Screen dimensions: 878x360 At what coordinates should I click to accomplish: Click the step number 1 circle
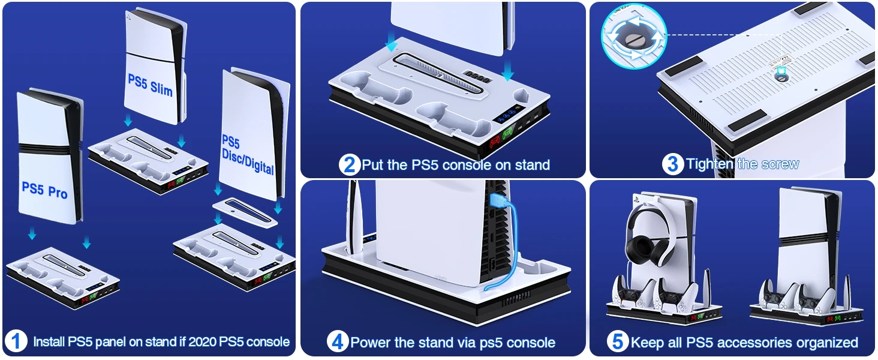point(16,342)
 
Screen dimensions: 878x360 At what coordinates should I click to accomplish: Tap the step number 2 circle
point(350,164)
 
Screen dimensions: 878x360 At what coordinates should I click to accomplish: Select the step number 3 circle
point(673,164)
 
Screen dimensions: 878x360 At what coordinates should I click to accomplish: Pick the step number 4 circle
point(338,342)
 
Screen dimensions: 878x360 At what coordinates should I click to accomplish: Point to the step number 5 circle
point(618,342)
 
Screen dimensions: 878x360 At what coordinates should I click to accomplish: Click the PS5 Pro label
point(44,190)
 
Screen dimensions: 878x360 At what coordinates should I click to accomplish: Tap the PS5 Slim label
point(150,85)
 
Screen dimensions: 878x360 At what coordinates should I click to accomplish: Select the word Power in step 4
point(369,343)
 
